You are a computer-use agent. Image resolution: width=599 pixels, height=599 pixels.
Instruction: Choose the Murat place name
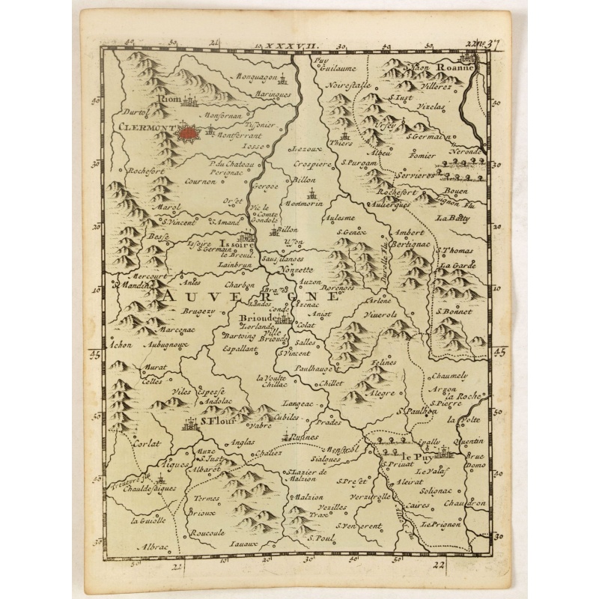pyautogui.click(x=153, y=369)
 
